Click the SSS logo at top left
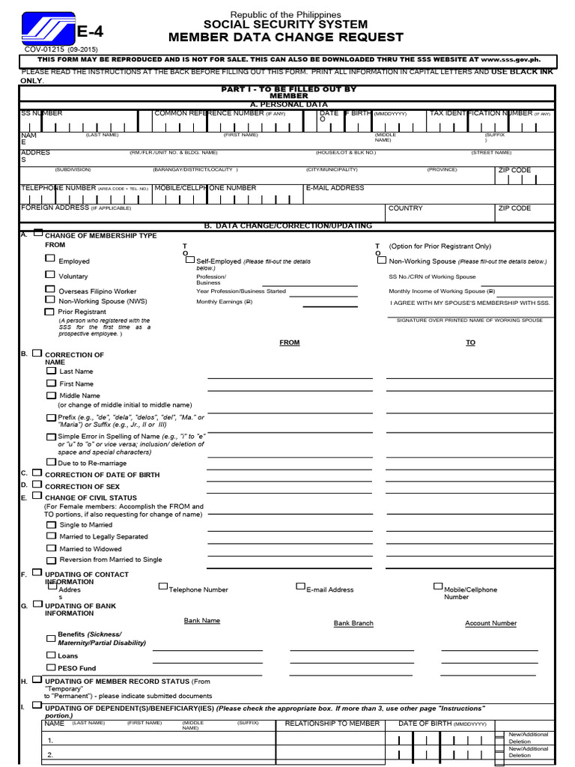(x=48, y=29)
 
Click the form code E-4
(x=90, y=31)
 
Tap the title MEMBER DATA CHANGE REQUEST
(x=286, y=37)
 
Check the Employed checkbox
(x=50, y=258)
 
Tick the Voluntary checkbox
(x=50, y=275)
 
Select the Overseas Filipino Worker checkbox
(x=50, y=289)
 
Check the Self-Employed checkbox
(x=189, y=259)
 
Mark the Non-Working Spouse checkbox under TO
(x=382, y=260)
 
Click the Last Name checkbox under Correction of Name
(x=51, y=370)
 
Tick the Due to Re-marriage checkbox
(x=51, y=462)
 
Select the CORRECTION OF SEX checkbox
(x=37, y=485)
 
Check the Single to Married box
(x=51, y=524)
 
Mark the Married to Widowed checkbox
(x=51, y=548)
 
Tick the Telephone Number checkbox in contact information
(x=162, y=586)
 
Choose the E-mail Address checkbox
(x=300, y=586)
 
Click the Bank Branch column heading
(x=353, y=623)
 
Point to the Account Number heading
(x=490, y=623)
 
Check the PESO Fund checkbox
(x=51, y=667)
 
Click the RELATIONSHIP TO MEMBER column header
(x=332, y=724)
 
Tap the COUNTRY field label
(x=405, y=208)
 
